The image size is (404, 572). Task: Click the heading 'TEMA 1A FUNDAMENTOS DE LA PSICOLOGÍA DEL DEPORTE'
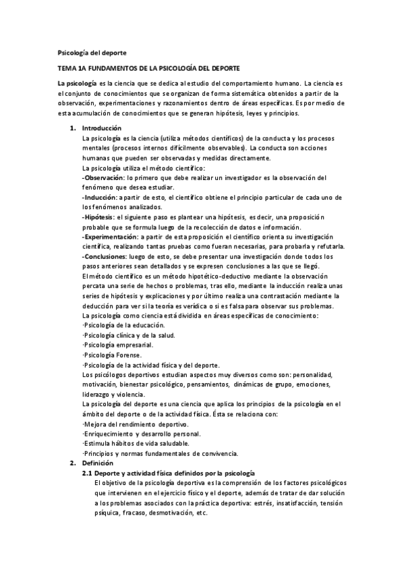(x=149, y=69)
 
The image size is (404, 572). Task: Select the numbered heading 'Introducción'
(x=102, y=128)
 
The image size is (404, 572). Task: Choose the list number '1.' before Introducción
(x=73, y=128)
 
